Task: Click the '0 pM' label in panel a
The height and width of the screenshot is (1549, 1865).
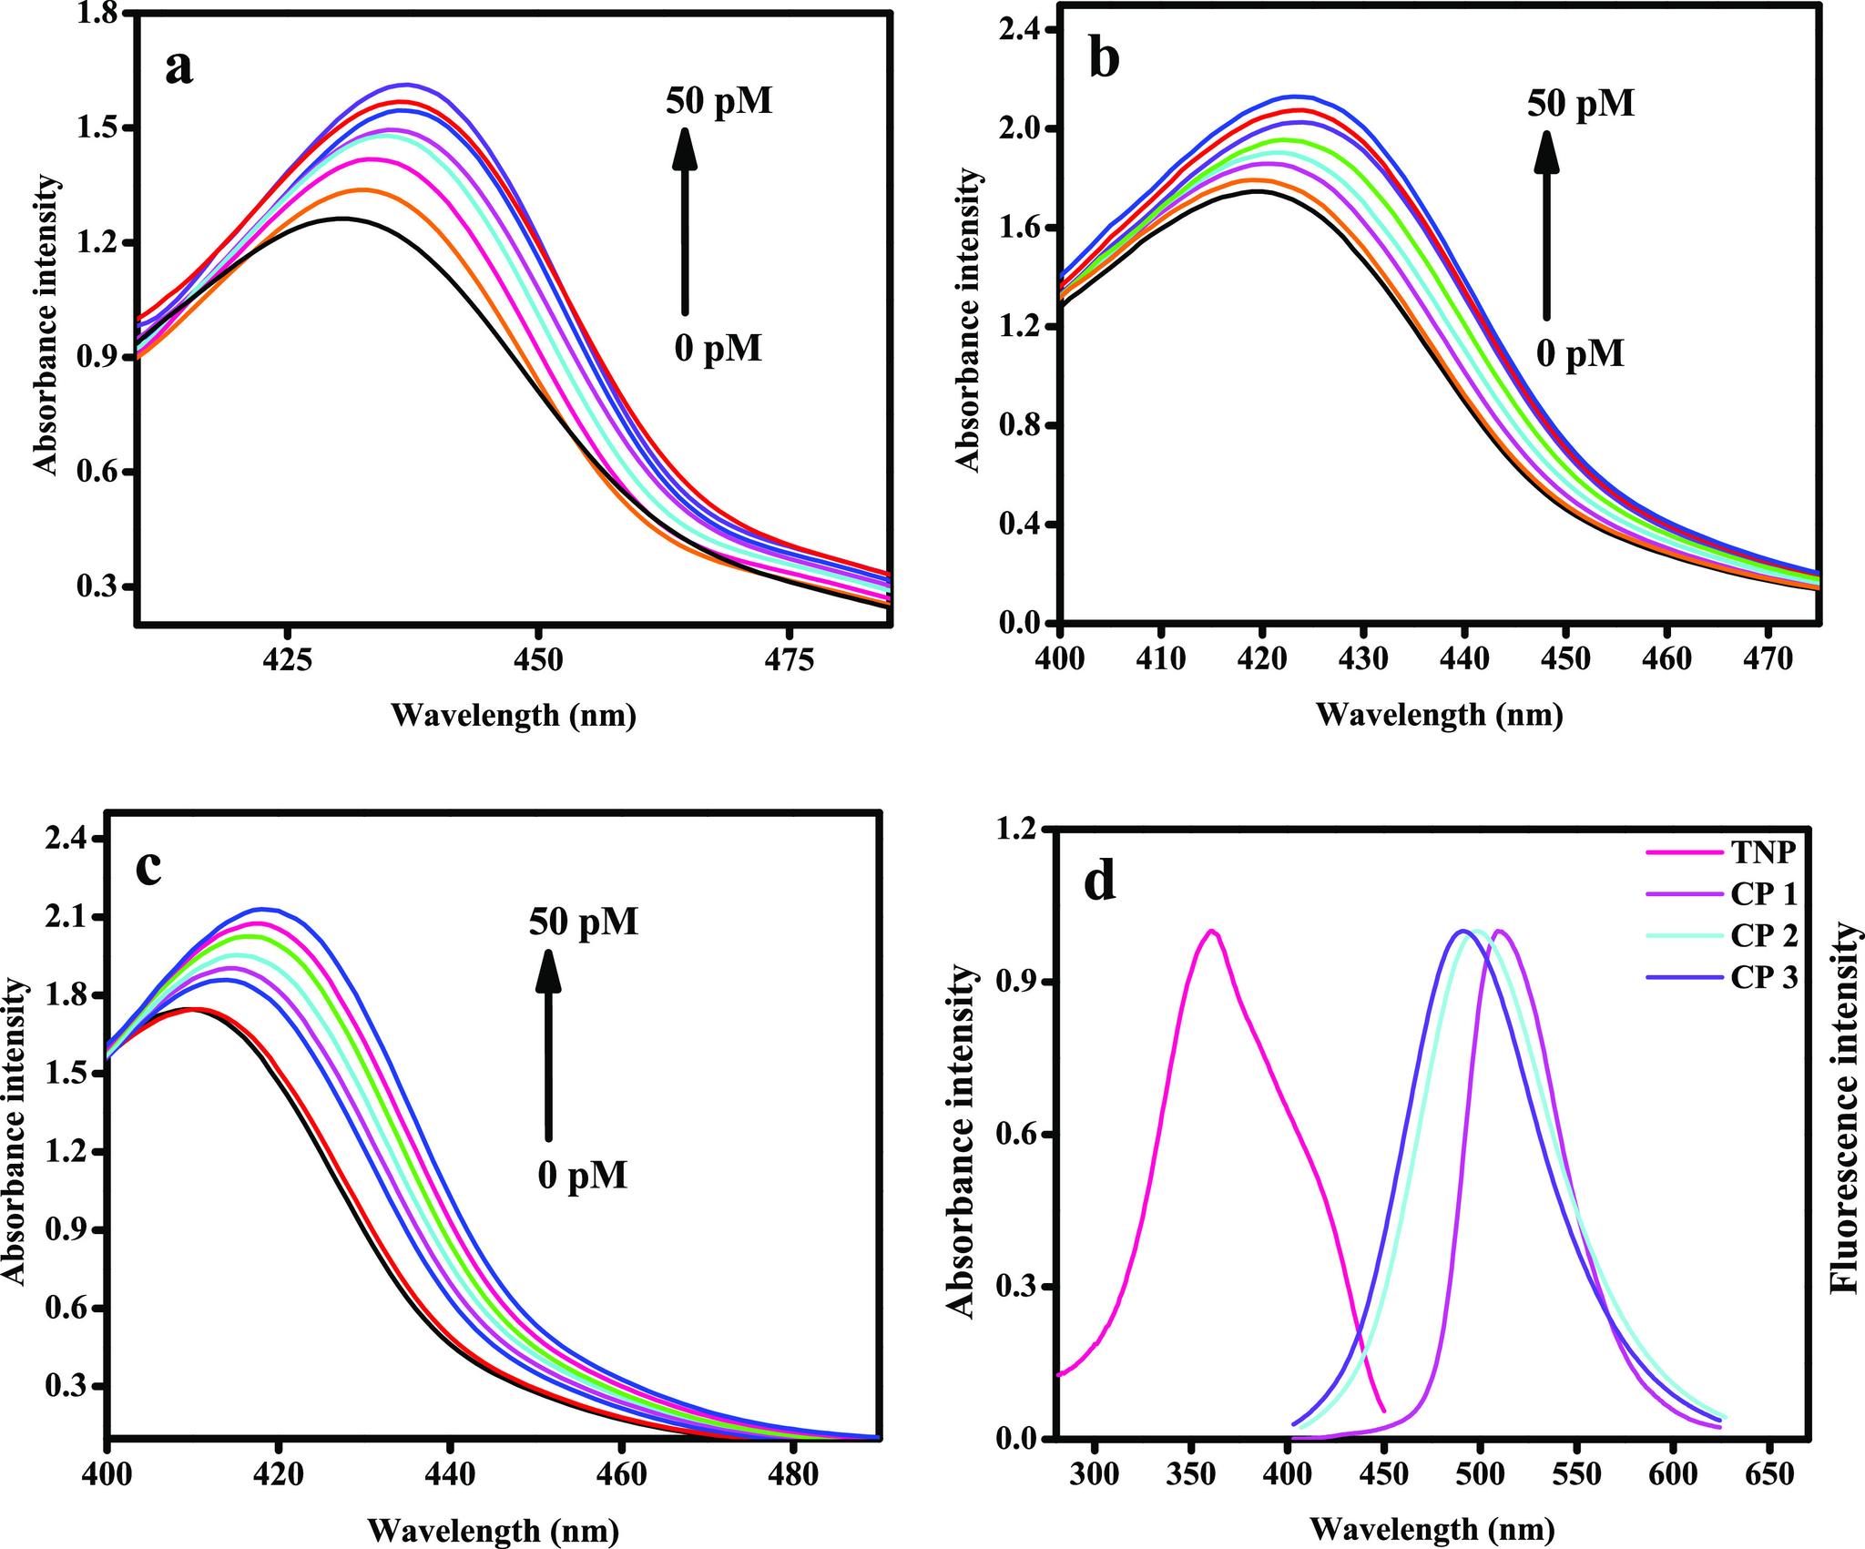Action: (x=718, y=348)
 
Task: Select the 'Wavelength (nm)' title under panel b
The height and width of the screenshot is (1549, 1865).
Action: (x=1439, y=715)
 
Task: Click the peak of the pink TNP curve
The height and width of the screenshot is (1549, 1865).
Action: (x=1211, y=931)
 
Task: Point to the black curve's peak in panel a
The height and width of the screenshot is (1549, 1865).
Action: (x=342, y=219)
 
